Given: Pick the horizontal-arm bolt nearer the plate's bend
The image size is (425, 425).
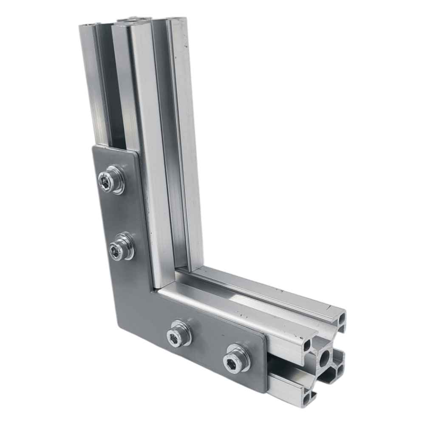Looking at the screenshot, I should (179, 333).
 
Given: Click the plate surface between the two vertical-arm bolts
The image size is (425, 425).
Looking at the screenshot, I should (117, 215).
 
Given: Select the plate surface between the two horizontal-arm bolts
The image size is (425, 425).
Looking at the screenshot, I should (208, 346).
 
